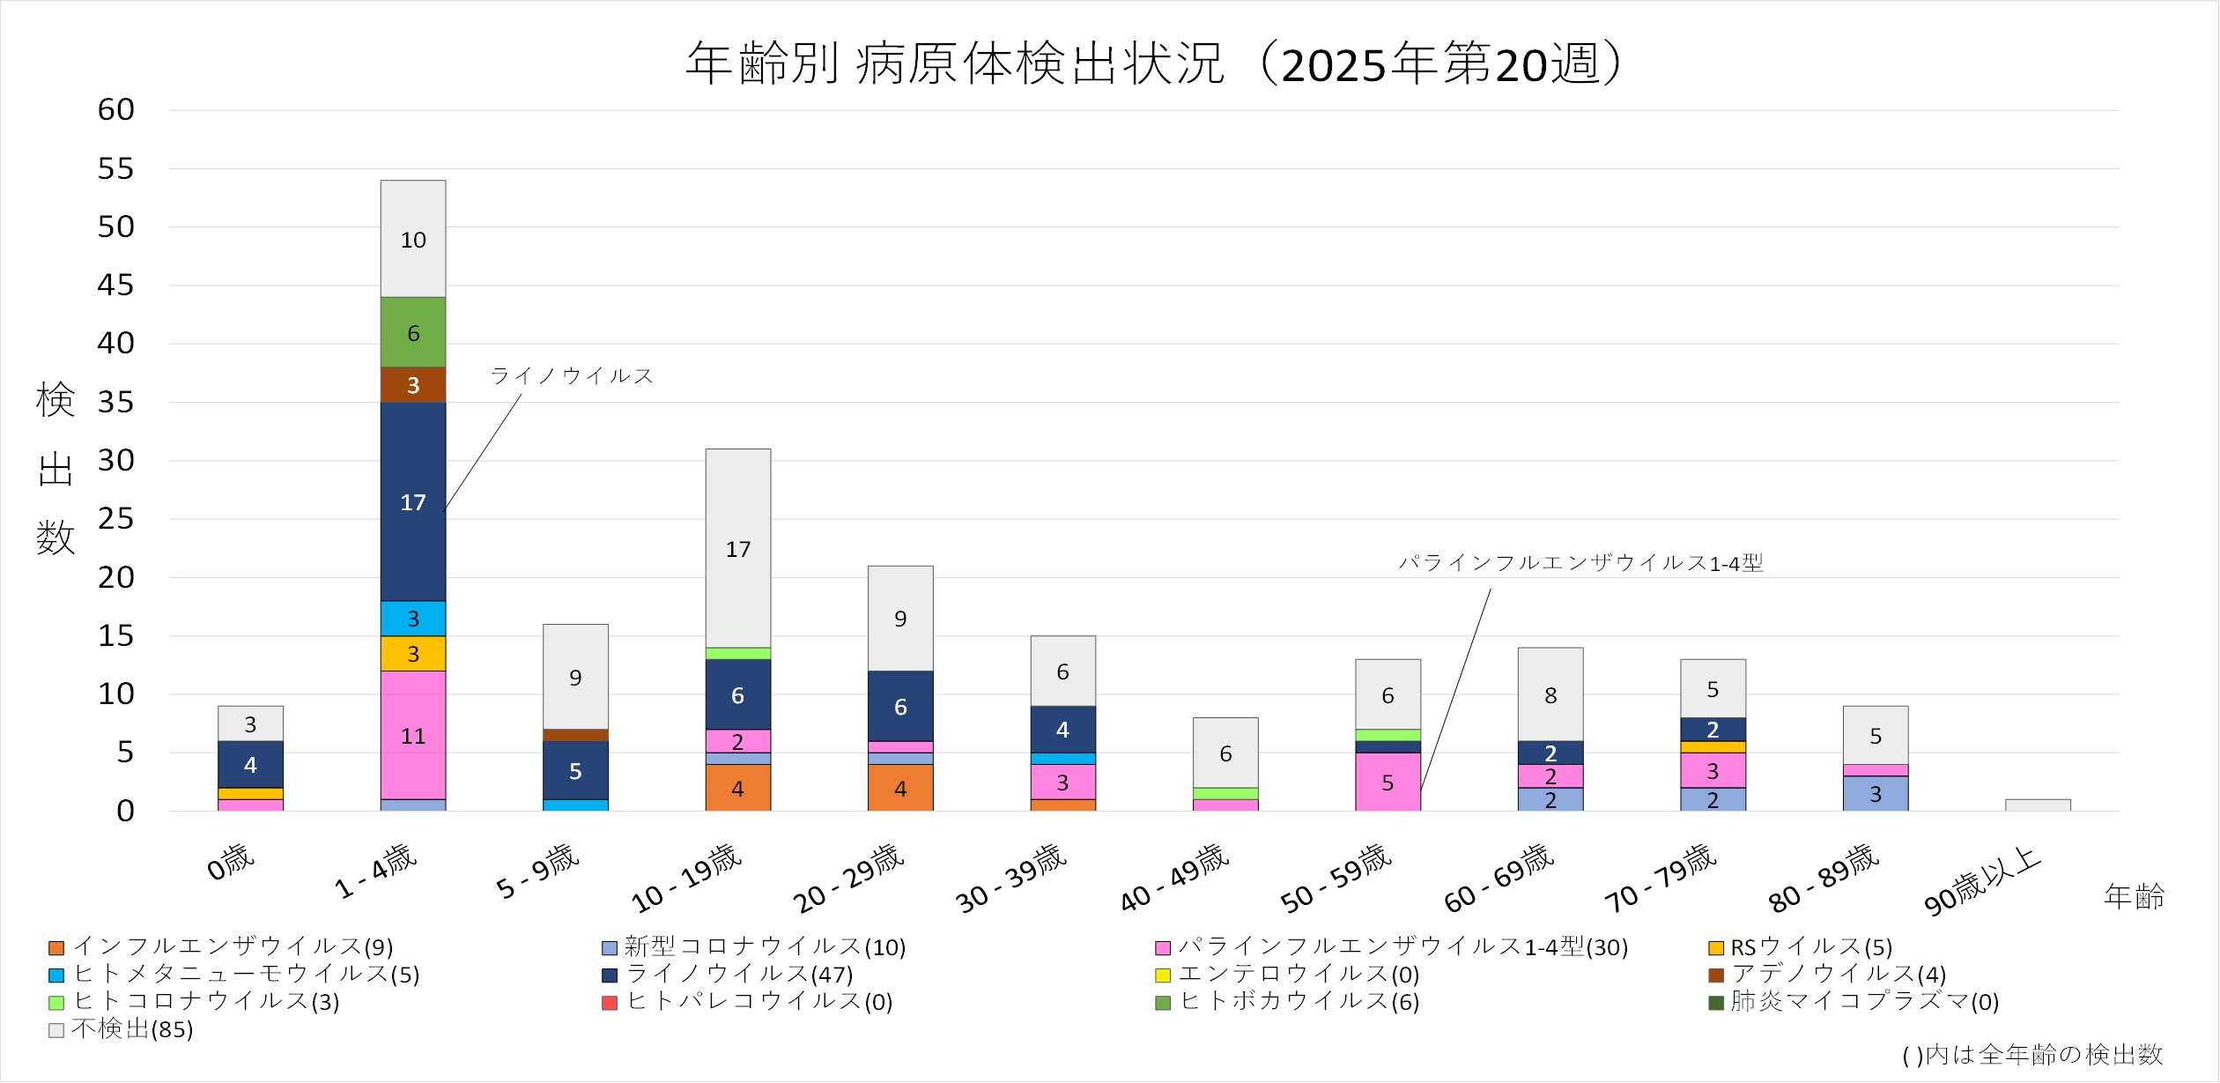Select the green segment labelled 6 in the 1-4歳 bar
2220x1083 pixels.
click(x=412, y=332)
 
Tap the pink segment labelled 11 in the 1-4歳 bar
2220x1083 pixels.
click(x=412, y=735)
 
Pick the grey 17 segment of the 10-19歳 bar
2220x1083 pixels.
click(x=737, y=548)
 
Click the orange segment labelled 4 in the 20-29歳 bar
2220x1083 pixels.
click(x=899, y=788)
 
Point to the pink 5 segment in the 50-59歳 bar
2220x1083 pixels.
click(x=1387, y=782)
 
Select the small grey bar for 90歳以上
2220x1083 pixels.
click(x=2037, y=805)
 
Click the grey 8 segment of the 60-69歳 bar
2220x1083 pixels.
click(x=1550, y=694)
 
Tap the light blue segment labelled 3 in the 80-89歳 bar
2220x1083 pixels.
click(x=1875, y=794)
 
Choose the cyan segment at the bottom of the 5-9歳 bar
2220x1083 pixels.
click(x=574, y=805)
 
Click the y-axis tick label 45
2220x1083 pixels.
click(x=115, y=286)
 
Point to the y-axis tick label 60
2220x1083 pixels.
click(x=115, y=110)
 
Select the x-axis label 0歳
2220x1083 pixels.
click(x=230, y=862)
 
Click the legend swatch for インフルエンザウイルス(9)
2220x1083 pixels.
click(x=56, y=949)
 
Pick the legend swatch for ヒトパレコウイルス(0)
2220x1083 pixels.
click(x=609, y=1004)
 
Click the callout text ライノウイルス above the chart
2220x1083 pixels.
click(x=572, y=376)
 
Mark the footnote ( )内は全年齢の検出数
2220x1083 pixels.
click(x=2031, y=1055)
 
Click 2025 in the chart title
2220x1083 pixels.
click(x=1334, y=65)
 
